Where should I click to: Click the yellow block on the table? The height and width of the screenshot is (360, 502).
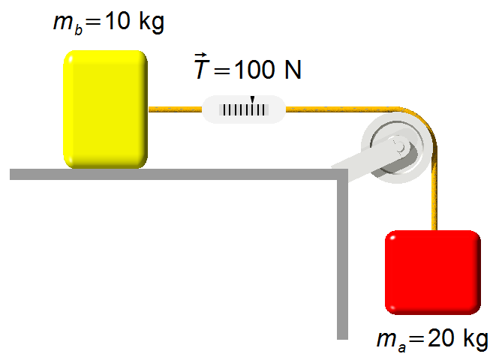(105, 109)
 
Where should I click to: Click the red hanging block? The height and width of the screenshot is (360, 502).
(433, 272)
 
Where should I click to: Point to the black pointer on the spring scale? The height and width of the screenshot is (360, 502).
(252, 100)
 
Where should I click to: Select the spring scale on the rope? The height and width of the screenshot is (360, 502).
(244, 109)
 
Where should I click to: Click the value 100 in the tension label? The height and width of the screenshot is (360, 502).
(254, 70)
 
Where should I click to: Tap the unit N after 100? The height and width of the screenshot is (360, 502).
(293, 70)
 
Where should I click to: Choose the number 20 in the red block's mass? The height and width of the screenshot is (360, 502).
(440, 338)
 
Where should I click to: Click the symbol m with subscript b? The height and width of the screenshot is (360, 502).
(68, 24)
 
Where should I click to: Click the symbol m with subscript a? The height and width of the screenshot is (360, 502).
(391, 341)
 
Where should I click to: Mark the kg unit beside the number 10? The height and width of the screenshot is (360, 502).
(152, 22)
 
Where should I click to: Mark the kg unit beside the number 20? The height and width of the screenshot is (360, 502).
(476, 339)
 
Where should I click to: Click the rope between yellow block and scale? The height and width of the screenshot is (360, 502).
(175, 109)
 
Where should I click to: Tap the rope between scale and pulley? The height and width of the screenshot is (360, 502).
(343, 109)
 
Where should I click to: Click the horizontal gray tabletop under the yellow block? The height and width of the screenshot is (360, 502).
(179, 174)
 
